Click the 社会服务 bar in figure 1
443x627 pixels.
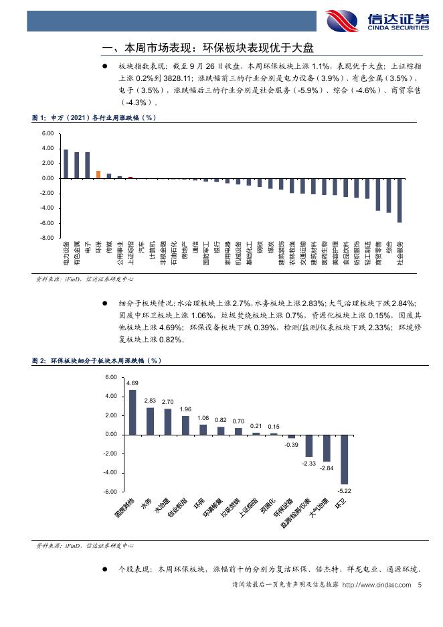[400, 200]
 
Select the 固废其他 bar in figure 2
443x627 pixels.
[132, 412]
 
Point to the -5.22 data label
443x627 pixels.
[344, 490]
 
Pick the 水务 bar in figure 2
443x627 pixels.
[150, 421]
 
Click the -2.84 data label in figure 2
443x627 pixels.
[327, 468]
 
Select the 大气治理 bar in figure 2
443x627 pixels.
[327, 448]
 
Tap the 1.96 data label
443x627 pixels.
[185, 409]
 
